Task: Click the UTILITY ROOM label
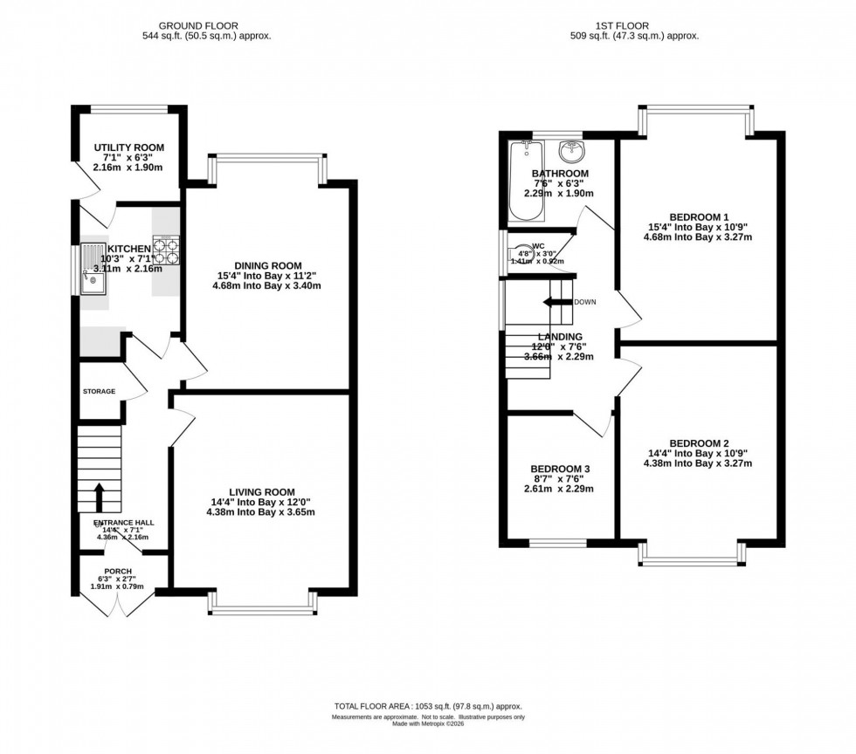tap(128, 147)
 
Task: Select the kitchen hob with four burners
tap(165, 250)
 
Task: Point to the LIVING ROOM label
tap(261, 491)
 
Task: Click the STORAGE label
tap(99, 391)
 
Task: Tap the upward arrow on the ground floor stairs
tap(97, 497)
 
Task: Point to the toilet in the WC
tap(521, 254)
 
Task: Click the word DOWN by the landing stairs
tap(585, 302)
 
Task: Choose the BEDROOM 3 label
tap(561, 469)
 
